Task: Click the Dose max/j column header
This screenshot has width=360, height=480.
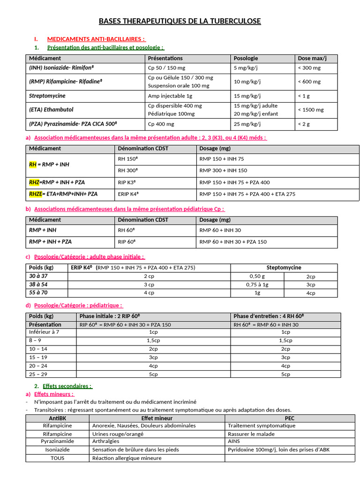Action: (312, 59)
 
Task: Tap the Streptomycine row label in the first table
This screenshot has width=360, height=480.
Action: (47, 96)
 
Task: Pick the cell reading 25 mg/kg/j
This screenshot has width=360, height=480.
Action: (247, 124)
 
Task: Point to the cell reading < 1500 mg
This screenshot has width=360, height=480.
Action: (310, 110)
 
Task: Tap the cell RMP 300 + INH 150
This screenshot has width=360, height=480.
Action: (223, 171)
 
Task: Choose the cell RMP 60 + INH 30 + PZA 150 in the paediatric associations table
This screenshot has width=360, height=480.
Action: (233, 242)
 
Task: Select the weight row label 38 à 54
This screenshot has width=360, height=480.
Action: (38, 285)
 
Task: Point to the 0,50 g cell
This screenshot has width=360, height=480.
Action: (257, 277)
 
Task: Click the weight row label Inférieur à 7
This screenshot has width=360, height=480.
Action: (44, 332)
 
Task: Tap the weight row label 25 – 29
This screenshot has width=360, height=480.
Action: (38, 374)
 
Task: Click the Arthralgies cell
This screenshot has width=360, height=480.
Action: (106, 442)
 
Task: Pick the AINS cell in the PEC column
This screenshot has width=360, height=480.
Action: (233, 442)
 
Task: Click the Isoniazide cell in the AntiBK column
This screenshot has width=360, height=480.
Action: (58, 450)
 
